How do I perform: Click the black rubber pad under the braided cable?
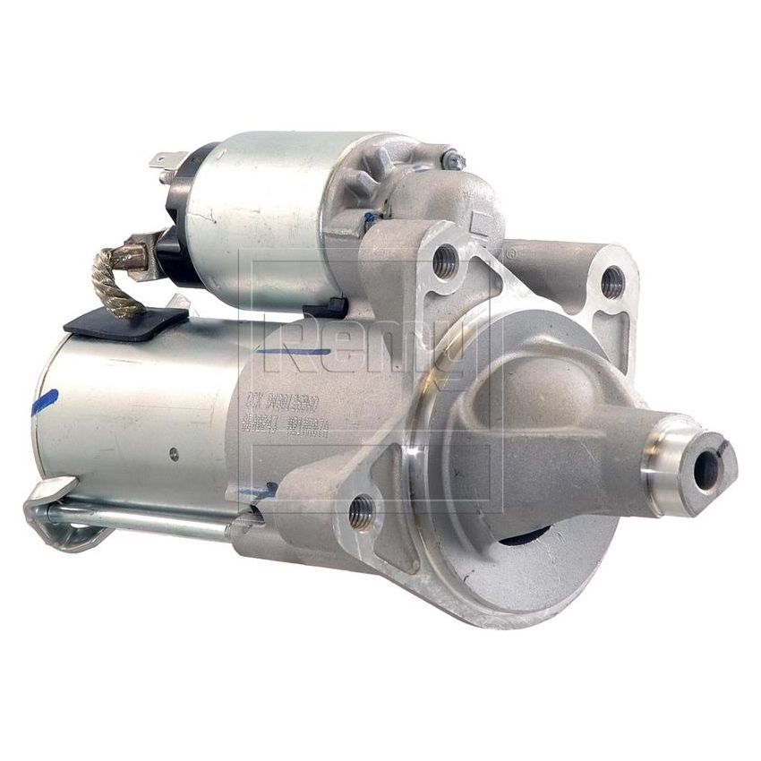click(x=125, y=321)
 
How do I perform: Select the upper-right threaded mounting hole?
click(x=611, y=283)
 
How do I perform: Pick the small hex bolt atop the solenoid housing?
click(x=454, y=162)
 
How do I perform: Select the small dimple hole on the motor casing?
click(x=174, y=454)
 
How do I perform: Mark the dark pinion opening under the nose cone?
click(x=524, y=536)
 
